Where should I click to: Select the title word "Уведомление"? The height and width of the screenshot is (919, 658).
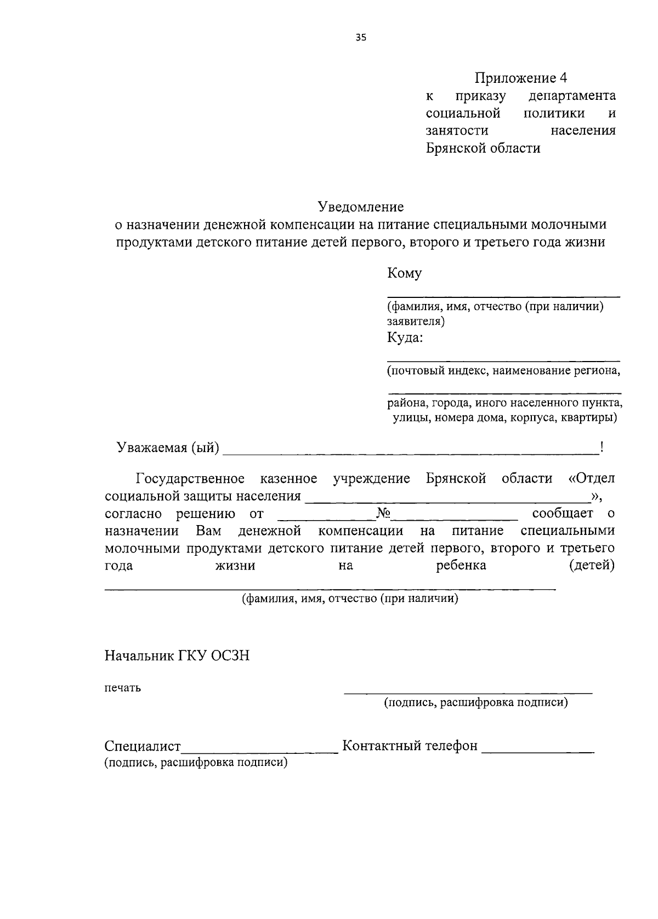361,207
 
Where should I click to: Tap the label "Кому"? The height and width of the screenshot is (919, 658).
405,273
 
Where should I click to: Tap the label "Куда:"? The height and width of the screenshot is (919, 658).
405,337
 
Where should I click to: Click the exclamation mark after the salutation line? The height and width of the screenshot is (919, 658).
602,448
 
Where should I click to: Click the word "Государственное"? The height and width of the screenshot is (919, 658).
190,478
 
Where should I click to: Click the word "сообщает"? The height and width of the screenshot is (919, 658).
563,514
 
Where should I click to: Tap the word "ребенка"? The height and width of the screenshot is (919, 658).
461,565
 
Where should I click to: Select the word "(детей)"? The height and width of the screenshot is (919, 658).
592,565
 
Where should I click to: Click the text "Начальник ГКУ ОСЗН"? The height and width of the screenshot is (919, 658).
177,655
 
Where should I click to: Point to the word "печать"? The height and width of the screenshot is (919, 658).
123,688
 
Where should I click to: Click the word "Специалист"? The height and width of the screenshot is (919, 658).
143,746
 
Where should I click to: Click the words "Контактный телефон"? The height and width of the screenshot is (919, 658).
410,746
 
